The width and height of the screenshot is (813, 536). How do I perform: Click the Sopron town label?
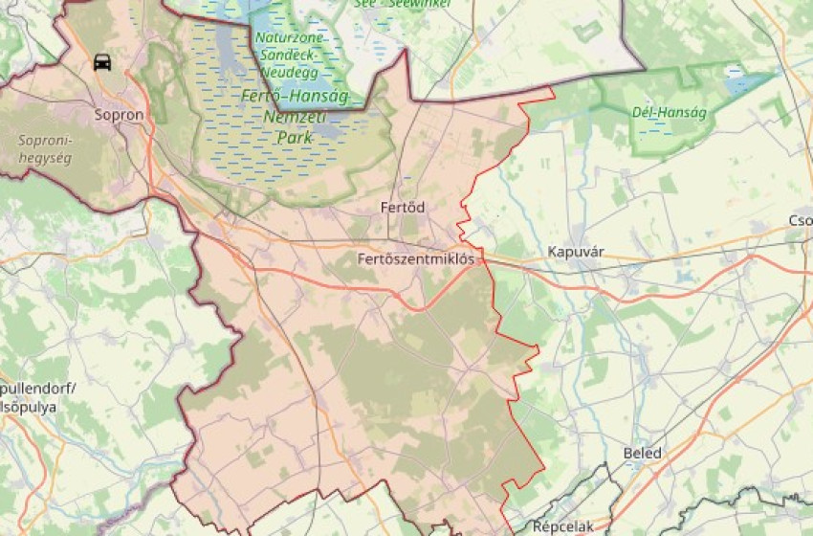pyautogui.click(x=119, y=115)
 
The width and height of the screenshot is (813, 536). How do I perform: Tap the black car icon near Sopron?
pyautogui.click(x=101, y=63)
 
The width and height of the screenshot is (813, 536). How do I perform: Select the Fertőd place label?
pyautogui.click(x=403, y=207)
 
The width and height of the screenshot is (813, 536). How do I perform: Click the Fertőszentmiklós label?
pyautogui.click(x=415, y=258)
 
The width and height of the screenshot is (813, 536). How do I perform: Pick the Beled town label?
pyautogui.click(x=642, y=453)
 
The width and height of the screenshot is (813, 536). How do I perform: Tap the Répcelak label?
pyautogui.click(x=563, y=526)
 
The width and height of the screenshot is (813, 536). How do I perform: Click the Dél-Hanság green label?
pyautogui.click(x=670, y=113)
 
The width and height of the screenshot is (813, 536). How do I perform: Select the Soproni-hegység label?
pyautogui.click(x=45, y=148)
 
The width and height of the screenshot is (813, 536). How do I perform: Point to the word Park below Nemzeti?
pyautogui.click(x=295, y=137)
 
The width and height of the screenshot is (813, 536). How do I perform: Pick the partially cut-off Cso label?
pyautogui.click(x=800, y=221)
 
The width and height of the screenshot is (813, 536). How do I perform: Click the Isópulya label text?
pyautogui.click(x=29, y=407)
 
